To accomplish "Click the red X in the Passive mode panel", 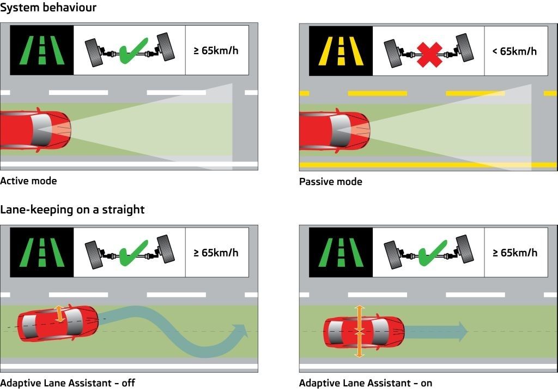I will tap(429, 54).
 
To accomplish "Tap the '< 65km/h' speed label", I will tap(514, 51).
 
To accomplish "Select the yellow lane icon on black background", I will tap(341, 51).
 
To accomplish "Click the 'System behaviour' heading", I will tap(48, 8).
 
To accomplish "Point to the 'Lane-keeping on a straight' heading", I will tap(72, 210).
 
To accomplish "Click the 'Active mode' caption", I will tap(28, 181).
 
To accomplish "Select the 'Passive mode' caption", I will tap(330, 182).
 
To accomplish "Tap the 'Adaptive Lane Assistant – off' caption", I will tap(68, 383).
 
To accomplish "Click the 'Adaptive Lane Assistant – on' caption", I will tap(365, 383).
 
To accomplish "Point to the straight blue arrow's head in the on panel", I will tap(461, 331).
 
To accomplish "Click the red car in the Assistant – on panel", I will tap(364, 331).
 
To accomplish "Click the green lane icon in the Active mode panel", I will tap(42, 51).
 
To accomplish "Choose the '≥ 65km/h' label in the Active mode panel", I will tap(216, 51).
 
